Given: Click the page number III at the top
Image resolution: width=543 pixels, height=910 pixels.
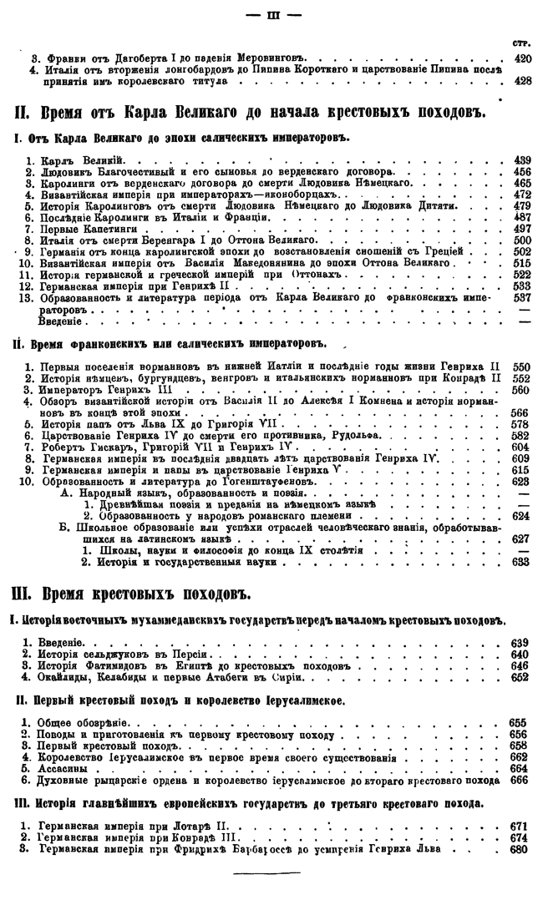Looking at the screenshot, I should tap(271, 14).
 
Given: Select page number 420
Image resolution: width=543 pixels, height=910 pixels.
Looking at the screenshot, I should tap(522, 58).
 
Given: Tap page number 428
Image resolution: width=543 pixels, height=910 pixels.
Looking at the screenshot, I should tap(522, 81).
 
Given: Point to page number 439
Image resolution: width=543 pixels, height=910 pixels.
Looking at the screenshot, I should tap(522, 159).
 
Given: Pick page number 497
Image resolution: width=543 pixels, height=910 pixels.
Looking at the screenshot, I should tap(522, 229).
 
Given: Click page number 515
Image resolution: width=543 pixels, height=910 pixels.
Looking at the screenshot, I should tap(522, 263).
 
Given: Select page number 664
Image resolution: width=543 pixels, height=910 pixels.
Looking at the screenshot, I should tap(518, 768).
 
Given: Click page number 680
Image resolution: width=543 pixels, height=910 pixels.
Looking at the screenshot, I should tap(518, 849).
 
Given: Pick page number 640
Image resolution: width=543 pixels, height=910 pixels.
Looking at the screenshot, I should tap(519, 655).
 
